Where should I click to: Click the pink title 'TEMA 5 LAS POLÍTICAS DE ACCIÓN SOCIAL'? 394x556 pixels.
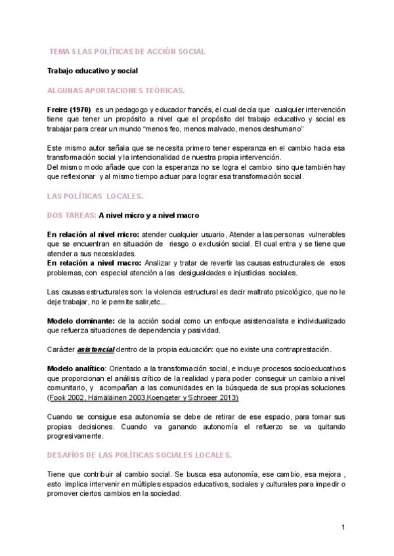point(128,50)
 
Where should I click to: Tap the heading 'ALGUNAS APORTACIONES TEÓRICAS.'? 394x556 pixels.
point(116,90)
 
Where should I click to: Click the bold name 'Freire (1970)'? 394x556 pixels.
point(69,109)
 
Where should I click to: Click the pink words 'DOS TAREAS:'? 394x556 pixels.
point(72,215)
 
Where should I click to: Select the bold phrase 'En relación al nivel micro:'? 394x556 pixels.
point(89,234)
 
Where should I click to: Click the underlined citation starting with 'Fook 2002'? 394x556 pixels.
point(144,398)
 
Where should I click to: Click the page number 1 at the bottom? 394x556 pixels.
point(343,527)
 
